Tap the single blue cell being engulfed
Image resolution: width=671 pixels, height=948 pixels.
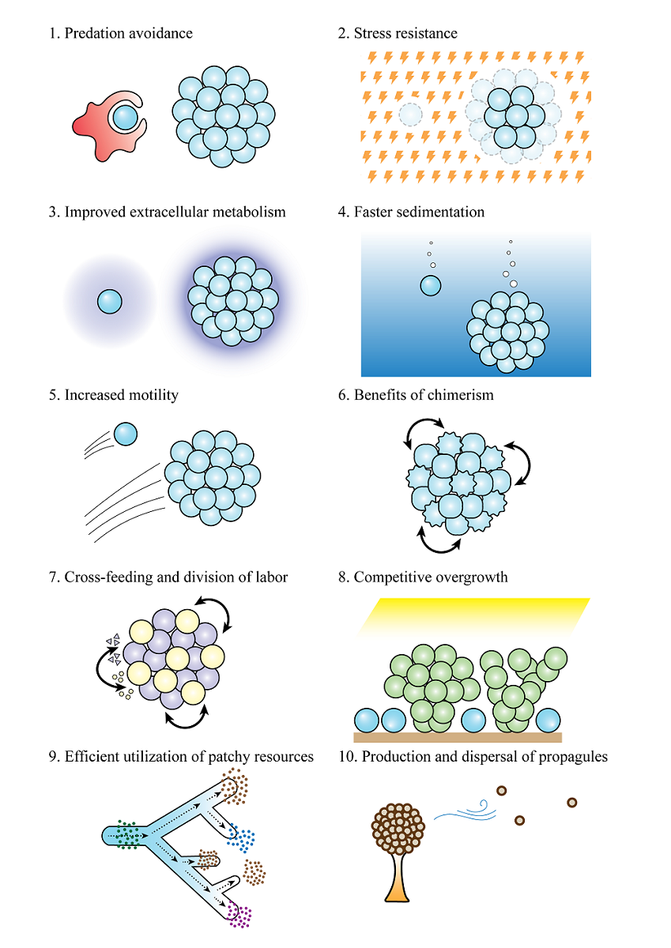(125, 118)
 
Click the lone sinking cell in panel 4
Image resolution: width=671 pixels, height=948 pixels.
(431, 284)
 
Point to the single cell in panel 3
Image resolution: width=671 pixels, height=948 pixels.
(110, 301)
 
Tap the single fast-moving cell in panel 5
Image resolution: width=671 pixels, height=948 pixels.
(126, 434)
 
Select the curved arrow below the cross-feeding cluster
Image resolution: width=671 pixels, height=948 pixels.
(186, 717)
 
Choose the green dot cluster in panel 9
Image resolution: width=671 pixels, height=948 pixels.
(126, 834)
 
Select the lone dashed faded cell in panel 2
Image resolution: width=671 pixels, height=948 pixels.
(410, 115)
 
